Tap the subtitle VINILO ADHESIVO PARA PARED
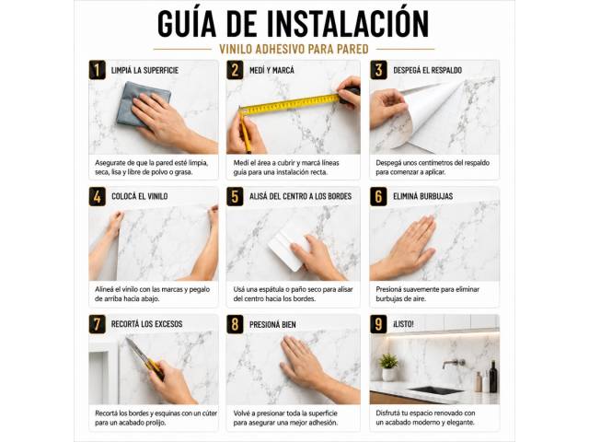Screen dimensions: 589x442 pos(294,49)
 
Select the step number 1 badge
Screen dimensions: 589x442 pos(98,70)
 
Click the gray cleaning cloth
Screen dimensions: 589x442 pos(143,102)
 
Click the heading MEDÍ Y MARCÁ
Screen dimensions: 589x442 pos(272,70)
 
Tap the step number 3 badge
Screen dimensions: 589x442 pos(378,70)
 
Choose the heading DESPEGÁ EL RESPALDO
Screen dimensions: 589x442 pos(427,70)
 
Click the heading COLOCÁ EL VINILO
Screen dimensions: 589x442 pos(139,196)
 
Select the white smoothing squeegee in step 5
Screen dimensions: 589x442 pos(288,244)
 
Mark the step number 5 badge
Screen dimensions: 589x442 pos(235,196)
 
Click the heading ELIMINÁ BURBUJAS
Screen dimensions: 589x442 pos(423,196)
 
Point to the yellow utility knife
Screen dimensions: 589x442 pos(145,359)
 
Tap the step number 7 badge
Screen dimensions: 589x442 pos(98,324)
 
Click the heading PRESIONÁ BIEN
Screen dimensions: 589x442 pos(272,324)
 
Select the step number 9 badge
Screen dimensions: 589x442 pos(378,324)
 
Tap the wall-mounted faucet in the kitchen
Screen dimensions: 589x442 pos(454,364)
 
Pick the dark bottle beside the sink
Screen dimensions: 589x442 pos(493,377)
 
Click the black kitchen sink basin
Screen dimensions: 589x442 pos(435,390)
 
